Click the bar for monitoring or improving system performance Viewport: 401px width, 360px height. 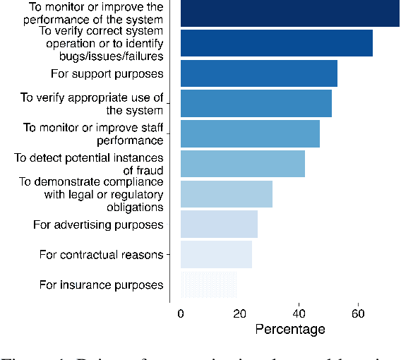(289, 13)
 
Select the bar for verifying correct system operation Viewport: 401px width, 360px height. (277, 43)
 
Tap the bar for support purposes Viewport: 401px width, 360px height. (259, 73)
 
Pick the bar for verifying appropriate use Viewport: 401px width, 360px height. (256, 103)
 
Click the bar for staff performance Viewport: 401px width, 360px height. (250, 133)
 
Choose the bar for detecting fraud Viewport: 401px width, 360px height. (243, 164)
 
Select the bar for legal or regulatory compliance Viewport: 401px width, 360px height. (227, 194)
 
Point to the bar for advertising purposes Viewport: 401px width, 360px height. (219, 224)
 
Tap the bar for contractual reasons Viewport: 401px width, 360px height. (216, 254)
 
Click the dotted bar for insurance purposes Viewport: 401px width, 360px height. (209, 284)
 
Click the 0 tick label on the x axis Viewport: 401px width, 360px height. (181, 313)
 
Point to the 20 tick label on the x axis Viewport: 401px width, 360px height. (240, 313)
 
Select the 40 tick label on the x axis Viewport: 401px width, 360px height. (299, 313)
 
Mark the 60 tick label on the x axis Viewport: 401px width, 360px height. (359, 313)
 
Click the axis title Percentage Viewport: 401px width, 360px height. (289, 330)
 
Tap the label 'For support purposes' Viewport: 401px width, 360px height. (107, 73)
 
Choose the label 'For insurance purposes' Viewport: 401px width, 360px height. (102, 285)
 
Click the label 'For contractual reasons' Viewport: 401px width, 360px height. (102, 255)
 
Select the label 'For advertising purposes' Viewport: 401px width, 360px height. (99, 224)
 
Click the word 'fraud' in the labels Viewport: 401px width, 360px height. (149, 170)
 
